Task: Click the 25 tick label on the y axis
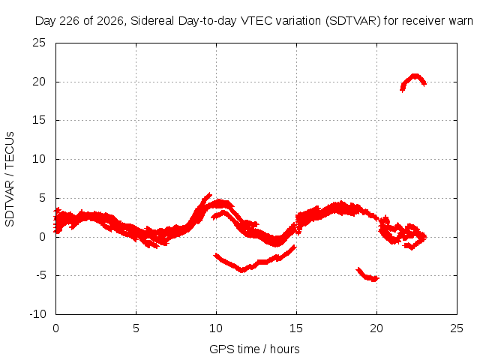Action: click(39, 43)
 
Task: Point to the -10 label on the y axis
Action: click(37, 314)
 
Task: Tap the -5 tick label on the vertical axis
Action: click(40, 275)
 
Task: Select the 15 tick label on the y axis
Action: click(39, 120)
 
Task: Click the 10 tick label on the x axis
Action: click(216, 328)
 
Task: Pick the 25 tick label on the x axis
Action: click(457, 328)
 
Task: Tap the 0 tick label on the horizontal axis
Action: click(55, 328)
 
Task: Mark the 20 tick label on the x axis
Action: click(376, 328)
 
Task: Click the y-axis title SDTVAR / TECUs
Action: click(10, 179)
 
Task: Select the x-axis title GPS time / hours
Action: click(254, 349)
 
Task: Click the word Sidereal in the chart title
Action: click(152, 21)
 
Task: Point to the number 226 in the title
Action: click(68, 21)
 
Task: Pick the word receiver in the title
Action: click(423, 21)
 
